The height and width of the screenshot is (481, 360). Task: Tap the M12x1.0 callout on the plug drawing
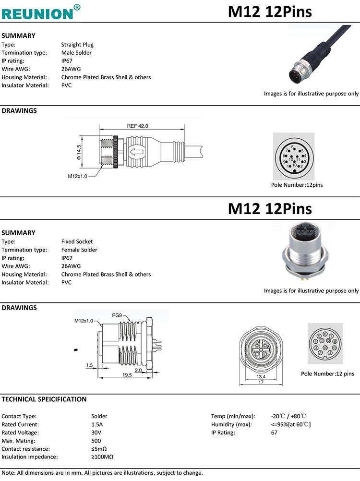point(77,176)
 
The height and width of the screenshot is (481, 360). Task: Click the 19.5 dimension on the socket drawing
point(127,375)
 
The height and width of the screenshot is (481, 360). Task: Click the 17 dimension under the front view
point(261,383)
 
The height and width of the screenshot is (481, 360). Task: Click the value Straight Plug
point(77,45)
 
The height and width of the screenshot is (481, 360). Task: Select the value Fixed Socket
point(77,241)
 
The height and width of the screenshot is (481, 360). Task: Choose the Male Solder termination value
point(76,53)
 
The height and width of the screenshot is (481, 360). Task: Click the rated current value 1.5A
point(97,424)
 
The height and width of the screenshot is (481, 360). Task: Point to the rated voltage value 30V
point(96,433)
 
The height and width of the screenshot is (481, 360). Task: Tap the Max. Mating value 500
point(96,441)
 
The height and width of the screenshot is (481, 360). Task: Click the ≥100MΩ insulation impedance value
point(102,457)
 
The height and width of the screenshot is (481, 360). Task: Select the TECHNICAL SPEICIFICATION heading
point(44,399)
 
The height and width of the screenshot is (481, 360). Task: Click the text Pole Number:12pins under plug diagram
point(297,185)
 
